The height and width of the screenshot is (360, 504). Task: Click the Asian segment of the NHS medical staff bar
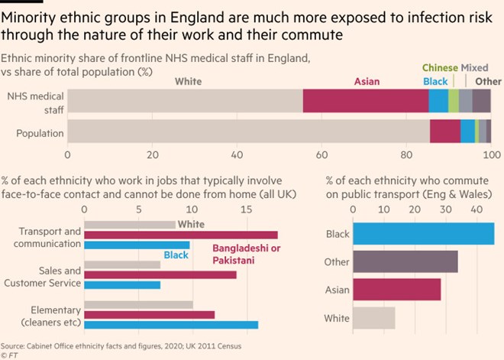coord(365,101)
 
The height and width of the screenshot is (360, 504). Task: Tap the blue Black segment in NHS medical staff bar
coord(438,101)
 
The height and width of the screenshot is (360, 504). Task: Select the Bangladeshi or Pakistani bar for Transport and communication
coord(181,235)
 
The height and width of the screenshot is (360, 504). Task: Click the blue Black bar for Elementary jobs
coord(171,325)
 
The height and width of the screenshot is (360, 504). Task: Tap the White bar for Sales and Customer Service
coord(122,264)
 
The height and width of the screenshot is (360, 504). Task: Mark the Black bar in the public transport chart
coord(423,234)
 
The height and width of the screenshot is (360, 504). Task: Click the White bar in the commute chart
coord(373,318)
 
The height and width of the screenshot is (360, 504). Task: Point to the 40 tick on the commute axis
coord(476,208)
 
